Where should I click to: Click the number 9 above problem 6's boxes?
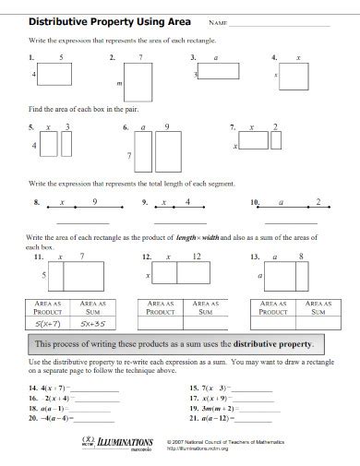(x=166, y=125)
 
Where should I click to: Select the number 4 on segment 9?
(x=187, y=200)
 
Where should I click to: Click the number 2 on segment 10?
(x=318, y=200)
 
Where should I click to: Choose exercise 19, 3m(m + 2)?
(x=214, y=407)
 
